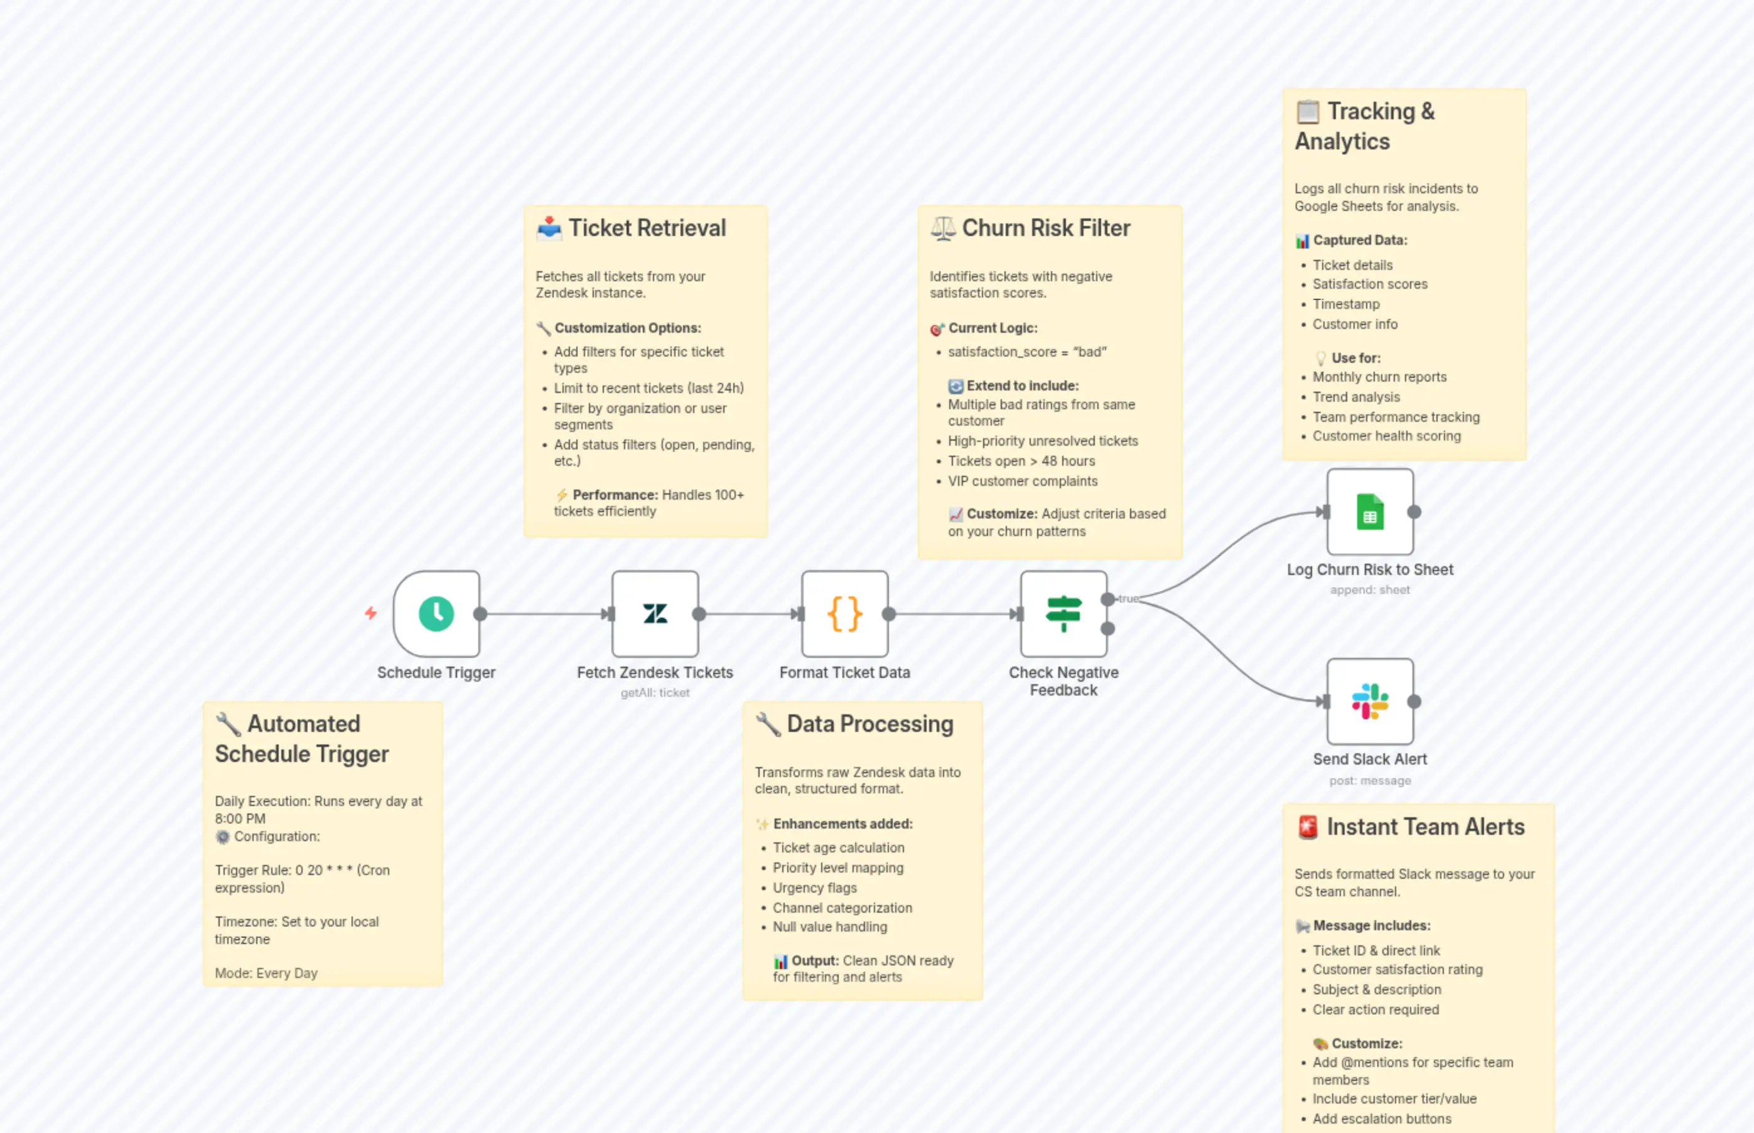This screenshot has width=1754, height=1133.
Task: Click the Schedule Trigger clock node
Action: (436, 614)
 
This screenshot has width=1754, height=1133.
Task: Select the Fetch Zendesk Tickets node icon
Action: (655, 614)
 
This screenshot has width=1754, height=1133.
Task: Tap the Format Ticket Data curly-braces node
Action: (844, 614)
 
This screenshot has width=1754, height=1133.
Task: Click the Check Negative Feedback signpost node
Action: (1063, 614)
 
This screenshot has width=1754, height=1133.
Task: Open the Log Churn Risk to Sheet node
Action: (1370, 512)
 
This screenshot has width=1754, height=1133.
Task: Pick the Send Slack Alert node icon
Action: (1370, 702)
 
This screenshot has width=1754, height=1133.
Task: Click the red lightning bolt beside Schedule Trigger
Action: (371, 613)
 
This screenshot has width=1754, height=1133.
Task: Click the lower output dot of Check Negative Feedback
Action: (1107, 628)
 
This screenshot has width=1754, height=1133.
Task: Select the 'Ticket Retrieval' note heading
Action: (647, 228)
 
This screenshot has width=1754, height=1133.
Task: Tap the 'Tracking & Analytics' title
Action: (1365, 126)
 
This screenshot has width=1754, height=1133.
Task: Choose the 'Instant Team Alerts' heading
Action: (1425, 827)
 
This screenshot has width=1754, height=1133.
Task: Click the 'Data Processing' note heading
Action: (869, 724)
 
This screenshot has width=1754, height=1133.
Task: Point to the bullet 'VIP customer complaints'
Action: (1022, 481)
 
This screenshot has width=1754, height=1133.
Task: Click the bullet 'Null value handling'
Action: (829, 927)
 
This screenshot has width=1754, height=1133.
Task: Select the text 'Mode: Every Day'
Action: (266, 974)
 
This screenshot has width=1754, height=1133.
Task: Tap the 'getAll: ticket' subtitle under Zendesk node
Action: (655, 693)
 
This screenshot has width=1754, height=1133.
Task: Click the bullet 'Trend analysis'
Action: (1356, 397)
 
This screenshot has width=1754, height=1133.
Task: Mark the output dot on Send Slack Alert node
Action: (1414, 702)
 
